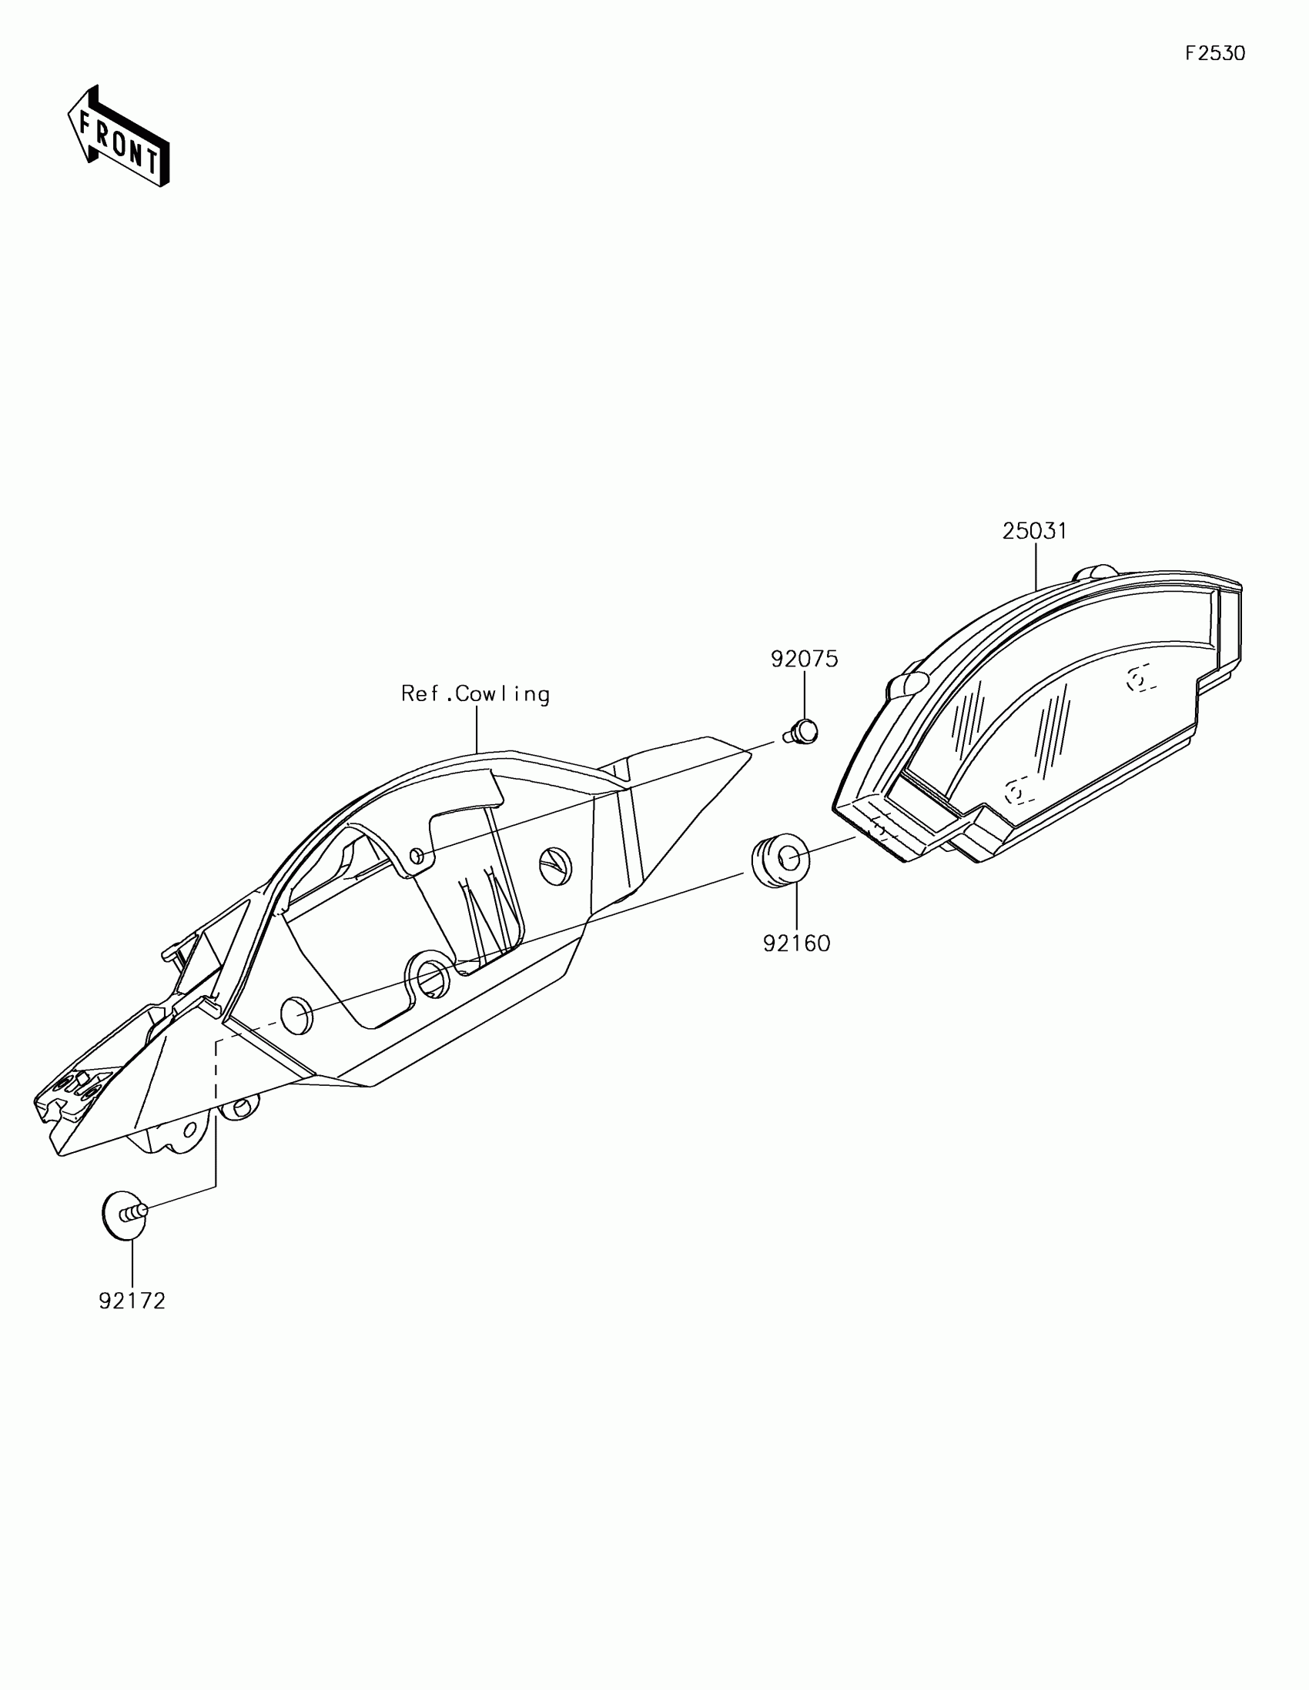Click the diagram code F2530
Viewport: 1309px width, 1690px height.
pyautogui.click(x=1214, y=53)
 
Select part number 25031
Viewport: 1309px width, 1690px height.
pyautogui.click(x=1034, y=532)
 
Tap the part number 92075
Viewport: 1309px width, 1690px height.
pyautogui.click(x=804, y=659)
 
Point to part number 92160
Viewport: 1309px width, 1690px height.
pyautogui.click(x=795, y=944)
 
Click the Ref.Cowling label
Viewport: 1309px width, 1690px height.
pyautogui.click(x=475, y=694)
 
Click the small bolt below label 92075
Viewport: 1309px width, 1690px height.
pyautogui.click(x=802, y=730)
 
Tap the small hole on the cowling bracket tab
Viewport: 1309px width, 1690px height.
pyautogui.click(x=417, y=855)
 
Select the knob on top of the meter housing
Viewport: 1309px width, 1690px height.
pyautogui.click(x=1094, y=573)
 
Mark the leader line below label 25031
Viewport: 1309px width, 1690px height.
pyautogui.click(x=1035, y=567)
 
